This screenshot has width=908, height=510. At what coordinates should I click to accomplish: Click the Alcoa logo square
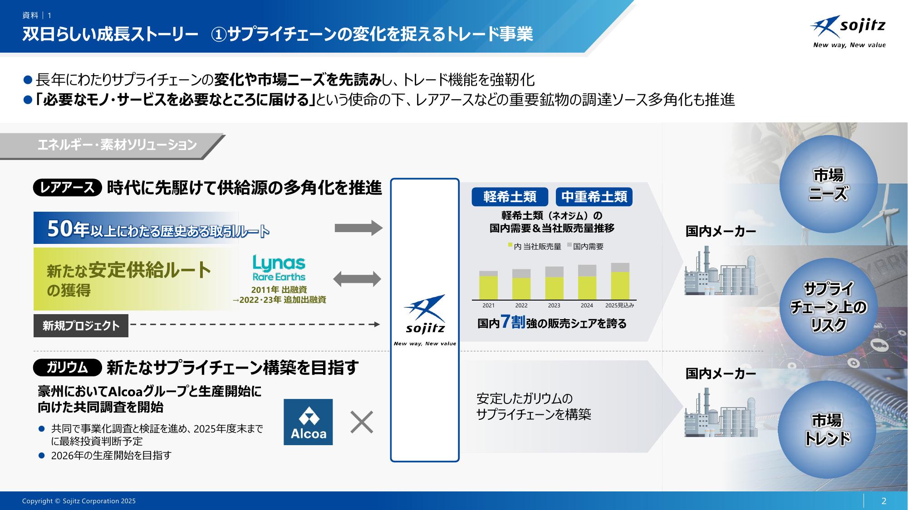308,422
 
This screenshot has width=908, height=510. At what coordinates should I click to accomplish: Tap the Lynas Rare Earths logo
279,267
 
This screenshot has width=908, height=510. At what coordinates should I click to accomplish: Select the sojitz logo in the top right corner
848,32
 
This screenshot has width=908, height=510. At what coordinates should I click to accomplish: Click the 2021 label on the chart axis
488,306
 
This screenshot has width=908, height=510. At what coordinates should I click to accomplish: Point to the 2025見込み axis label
619,306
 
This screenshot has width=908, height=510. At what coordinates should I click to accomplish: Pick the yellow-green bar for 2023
554,288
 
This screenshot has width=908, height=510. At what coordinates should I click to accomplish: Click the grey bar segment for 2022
521,273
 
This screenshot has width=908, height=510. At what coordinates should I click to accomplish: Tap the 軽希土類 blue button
510,197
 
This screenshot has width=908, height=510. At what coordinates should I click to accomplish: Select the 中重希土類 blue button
594,197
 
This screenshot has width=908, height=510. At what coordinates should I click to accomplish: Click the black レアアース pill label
67,188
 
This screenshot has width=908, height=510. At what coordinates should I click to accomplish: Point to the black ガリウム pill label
67,368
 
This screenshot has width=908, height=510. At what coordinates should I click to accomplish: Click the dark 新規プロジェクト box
81,325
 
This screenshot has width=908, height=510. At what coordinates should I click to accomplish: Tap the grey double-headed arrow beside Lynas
357,279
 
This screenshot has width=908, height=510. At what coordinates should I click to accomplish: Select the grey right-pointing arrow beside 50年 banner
358,228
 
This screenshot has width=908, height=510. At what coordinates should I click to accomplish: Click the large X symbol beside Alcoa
362,422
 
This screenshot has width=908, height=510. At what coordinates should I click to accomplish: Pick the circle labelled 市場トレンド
827,429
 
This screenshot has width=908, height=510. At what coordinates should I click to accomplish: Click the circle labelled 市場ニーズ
828,184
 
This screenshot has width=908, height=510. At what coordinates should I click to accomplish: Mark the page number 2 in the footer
883,501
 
